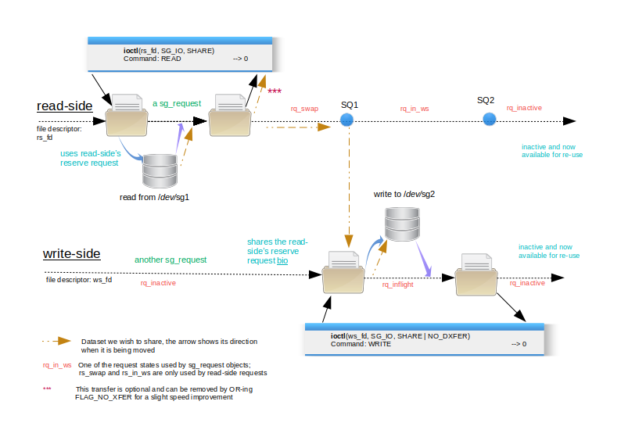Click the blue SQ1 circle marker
tap(346, 120)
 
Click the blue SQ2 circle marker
tap(489, 119)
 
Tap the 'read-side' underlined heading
tap(65, 106)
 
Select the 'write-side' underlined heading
tap(72, 254)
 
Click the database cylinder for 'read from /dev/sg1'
tap(160, 170)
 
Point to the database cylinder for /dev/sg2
tap(402, 224)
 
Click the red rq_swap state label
tap(304, 109)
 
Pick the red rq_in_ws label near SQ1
tap(415, 109)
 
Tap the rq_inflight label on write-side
tap(397, 285)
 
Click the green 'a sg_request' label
tap(177, 103)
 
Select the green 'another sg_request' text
tap(171, 260)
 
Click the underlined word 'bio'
tap(282, 260)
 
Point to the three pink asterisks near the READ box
tap(275, 91)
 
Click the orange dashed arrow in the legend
tap(56, 341)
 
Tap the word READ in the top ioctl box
tap(171, 59)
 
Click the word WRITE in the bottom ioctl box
tap(379, 344)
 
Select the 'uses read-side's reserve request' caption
tap(90, 159)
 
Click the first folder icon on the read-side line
tap(127, 115)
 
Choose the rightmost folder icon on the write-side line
tap(476, 274)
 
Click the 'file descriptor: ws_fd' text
tap(79, 280)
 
